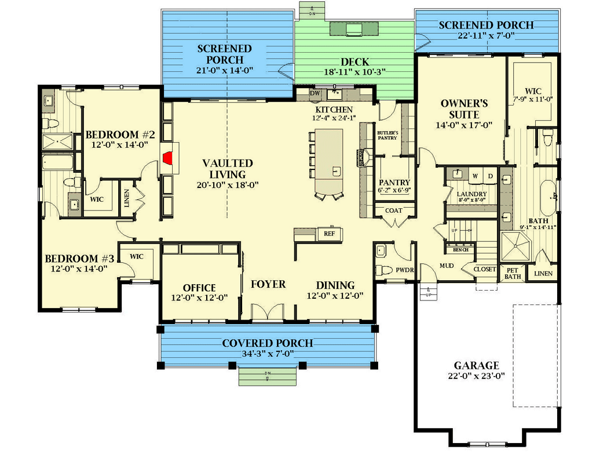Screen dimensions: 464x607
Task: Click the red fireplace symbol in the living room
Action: pyautogui.click(x=169, y=158)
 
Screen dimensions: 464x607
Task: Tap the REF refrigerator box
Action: pyautogui.click(x=329, y=234)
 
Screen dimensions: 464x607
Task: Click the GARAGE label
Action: pyautogui.click(x=476, y=365)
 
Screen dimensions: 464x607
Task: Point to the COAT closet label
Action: pyautogui.click(x=393, y=211)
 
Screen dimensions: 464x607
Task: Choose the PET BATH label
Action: pyautogui.click(x=513, y=273)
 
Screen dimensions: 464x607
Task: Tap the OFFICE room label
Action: pyautogui.click(x=199, y=288)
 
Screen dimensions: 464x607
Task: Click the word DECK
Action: pyautogui.click(x=355, y=61)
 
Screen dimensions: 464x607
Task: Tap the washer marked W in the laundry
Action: pyautogui.click(x=475, y=175)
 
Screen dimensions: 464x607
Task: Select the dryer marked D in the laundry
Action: pyautogui.click(x=489, y=175)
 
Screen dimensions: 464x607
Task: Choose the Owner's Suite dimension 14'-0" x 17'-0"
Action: pyautogui.click(x=464, y=125)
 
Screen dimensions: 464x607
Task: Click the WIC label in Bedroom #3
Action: pyautogui.click(x=137, y=256)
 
